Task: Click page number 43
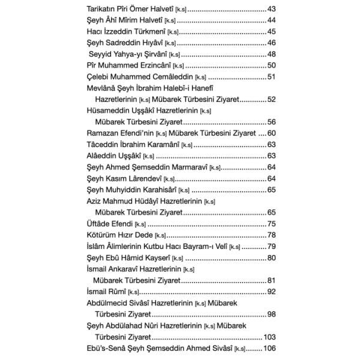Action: tap(270, 10)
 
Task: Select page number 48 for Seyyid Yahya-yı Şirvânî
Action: tap(270, 54)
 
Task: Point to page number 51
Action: tap(270, 76)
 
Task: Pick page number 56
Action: tap(270, 121)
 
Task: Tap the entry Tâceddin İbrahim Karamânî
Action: tap(133, 144)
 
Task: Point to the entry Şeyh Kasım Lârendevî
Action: tap(126, 178)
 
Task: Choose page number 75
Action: tap(270, 223)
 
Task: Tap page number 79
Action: tap(270, 246)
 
